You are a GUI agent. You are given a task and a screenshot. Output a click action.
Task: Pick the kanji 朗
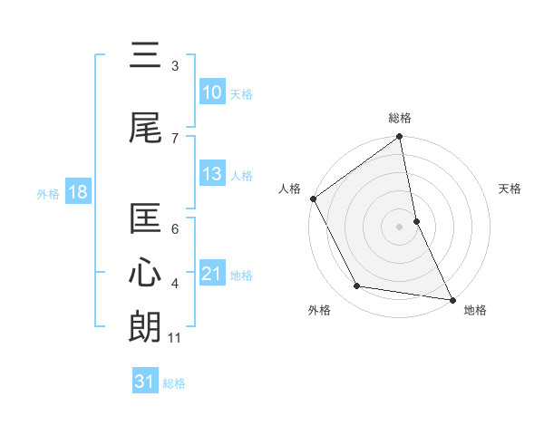(x=147, y=326)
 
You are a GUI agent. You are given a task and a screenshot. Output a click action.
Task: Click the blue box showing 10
(x=212, y=92)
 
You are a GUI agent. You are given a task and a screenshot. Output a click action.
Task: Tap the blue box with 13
(x=212, y=175)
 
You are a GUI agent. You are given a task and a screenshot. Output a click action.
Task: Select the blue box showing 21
(x=212, y=274)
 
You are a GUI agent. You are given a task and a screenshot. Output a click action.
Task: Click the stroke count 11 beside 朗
(x=175, y=338)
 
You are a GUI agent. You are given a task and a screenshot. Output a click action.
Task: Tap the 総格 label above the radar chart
(x=400, y=118)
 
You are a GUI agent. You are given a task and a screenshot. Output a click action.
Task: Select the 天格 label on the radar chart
(x=510, y=189)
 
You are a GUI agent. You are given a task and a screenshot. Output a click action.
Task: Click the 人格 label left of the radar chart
(x=290, y=189)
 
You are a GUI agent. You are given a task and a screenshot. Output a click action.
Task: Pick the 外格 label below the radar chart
(x=319, y=310)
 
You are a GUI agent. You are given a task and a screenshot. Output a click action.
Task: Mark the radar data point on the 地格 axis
(x=451, y=299)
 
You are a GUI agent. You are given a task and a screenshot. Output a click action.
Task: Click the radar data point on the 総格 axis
(x=399, y=138)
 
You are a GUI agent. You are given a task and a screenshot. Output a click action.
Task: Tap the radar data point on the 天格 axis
(x=416, y=221)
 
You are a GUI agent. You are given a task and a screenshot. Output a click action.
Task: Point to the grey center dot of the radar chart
(x=399, y=227)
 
